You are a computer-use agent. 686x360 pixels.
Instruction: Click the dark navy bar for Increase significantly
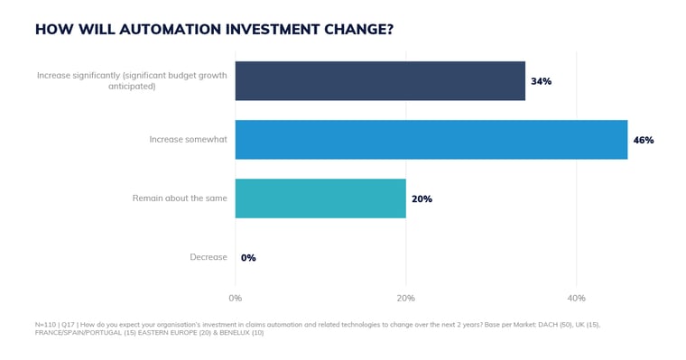[x=379, y=81]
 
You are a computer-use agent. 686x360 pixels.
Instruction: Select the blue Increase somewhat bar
[x=431, y=140]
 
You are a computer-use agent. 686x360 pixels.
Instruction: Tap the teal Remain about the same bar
[x=320, y=198]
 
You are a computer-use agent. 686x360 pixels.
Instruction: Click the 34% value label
[x=541, y=81]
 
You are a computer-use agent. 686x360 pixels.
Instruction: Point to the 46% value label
[x=643, y=140]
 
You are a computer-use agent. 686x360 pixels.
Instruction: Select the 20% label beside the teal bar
[x=422, y=198]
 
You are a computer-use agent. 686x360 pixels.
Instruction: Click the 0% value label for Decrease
[x=248, y=258]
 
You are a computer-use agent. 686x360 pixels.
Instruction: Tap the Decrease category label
[x=209, y=257]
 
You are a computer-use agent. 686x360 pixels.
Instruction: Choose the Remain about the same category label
[x=180, y=198]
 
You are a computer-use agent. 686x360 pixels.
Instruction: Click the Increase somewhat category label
[x=188, y=140]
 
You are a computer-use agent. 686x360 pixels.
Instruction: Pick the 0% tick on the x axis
[x=235, y=299]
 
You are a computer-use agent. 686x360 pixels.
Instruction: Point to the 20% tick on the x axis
[x=405, y=299]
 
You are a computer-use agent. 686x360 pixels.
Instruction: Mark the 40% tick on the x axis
[x=576, y=299]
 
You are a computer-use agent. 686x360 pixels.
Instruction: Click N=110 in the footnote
[x=46, y=325]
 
